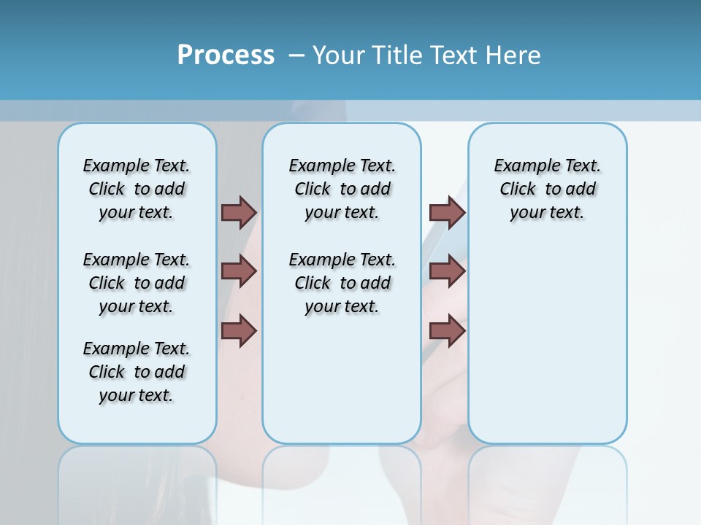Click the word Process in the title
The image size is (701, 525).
pyautogui.click(x=226, y=55)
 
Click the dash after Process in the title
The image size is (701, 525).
pyautogui.click(x=296, y=55)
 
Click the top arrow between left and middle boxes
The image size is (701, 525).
pyautogui.click(x=239, y=212)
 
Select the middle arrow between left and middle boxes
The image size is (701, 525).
pyautogui.click(x=239, y=271)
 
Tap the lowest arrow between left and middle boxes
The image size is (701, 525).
pyautogui.click(x=239, y=330)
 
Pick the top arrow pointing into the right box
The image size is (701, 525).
pyautogui.click(x=447, y=212)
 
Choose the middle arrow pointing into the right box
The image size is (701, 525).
pyautogui.click(x=447, y=271)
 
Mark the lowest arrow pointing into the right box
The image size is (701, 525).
pyautogui.click(x=447, y=330)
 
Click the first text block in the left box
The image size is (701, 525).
pyautogui.click(x=137, y=189)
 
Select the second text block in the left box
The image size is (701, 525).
pyautogui.click(x=137, y=283)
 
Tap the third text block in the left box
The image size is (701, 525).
pyautogui.click(x=137, y=372)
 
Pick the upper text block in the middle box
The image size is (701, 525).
pyautogui.click(x=342, y=189)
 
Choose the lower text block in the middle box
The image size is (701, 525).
pyautogui.click(x=342, y=283)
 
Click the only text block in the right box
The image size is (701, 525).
pyautogui.click(x=548, y=189)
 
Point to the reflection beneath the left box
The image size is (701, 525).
pyautogui.click(x=137, y=481)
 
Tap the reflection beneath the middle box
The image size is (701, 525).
pyautogui.click(x=342, y=481)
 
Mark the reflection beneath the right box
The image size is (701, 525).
pyautogui.click(x=548, y=481)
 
